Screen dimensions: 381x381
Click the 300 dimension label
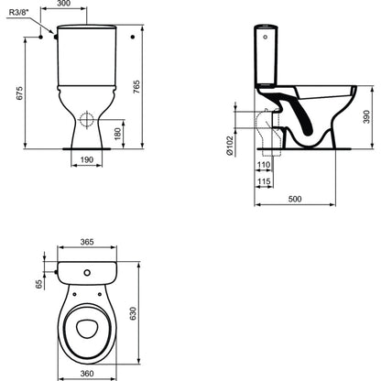pos(64,3)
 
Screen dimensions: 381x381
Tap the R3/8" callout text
pos(20,12)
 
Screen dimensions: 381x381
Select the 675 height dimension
pos(19,93)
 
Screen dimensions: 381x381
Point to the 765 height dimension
pos(137,87)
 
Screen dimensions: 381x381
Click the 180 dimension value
pos(117,134)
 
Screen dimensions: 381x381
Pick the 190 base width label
pos(87,159)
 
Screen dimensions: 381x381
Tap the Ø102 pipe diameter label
pos(230,145)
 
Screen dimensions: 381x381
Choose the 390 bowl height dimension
pos(366,116)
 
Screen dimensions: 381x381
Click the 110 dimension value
pos(264,165)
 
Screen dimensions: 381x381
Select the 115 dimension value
pos(264,181)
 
